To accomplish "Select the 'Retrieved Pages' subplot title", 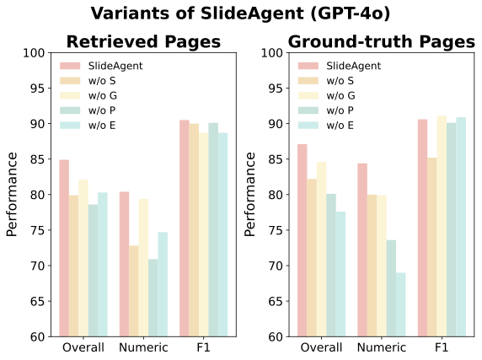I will coord(143,41).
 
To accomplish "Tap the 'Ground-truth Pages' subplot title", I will coord(381,41).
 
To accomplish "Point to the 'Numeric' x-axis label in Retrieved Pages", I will coord(142,347).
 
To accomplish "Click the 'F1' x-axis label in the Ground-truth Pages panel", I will coord(442,347).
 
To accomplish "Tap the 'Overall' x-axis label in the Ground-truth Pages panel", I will coord(321,347).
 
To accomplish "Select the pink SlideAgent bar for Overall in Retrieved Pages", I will coord(64,248).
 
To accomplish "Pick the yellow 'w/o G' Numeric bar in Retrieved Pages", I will coord(142,267).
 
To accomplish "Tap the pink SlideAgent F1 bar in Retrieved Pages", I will coord(184,228).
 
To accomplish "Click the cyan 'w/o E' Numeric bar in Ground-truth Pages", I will coord(401,304).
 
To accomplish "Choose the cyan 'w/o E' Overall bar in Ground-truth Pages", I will coord(341,274).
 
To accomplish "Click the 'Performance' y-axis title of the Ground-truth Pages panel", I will coord(250,195).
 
